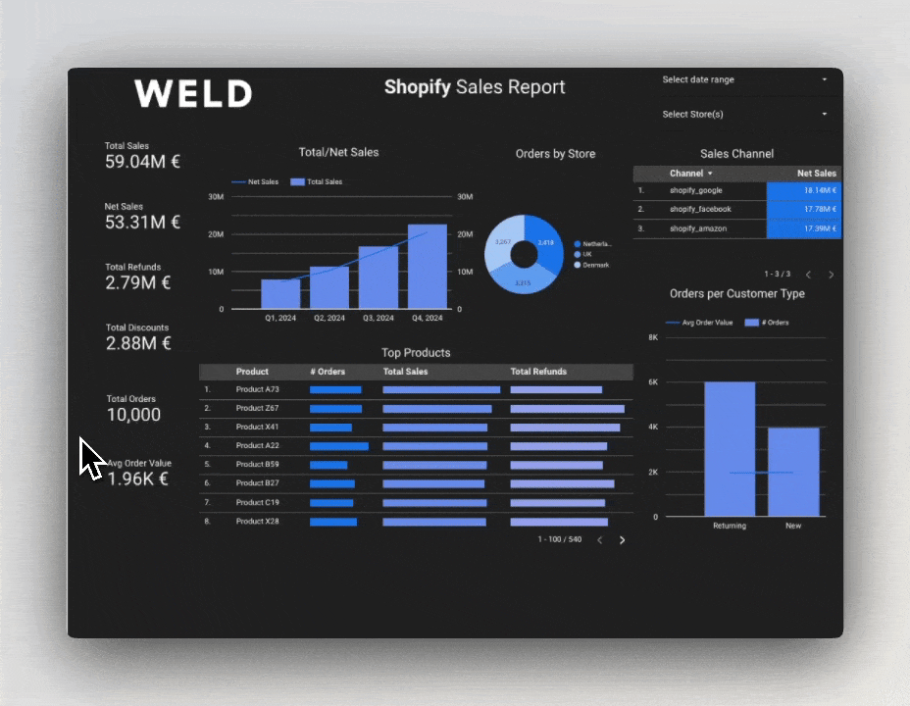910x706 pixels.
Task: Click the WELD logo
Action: (193, 94)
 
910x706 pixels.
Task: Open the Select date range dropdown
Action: (744, 80)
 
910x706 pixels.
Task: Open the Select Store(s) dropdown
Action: (744, 115)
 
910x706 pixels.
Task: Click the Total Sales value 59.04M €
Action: (142, 162)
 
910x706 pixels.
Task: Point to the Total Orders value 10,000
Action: (133, 415)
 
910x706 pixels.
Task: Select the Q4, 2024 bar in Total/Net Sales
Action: (427, 266)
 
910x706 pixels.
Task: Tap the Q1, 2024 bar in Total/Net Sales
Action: (280, 293)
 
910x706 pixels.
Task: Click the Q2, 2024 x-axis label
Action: (329, 318)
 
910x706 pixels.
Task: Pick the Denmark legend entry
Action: (595, 265)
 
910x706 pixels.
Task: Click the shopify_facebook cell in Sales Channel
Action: (700, 209)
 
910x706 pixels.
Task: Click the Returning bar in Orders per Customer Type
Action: (730, 449)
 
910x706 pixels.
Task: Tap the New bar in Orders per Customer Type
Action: (793, 472)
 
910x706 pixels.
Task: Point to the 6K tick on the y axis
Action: (653, 382)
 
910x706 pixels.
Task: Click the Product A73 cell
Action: (257, 389)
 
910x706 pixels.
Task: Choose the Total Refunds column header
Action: (538, 372)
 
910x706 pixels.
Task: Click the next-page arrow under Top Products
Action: (622, 540)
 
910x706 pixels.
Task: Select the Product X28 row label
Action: (257, 521)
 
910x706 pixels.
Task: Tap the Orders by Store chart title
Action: (555, 154)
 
